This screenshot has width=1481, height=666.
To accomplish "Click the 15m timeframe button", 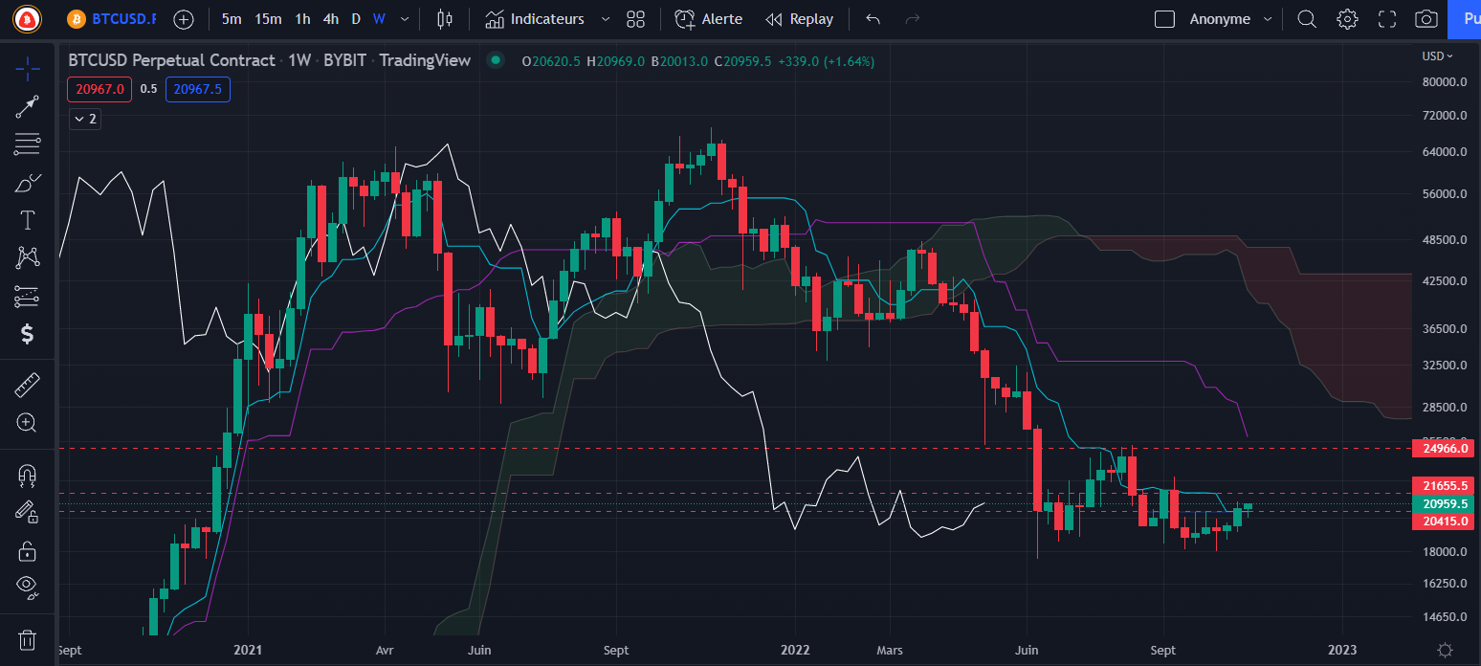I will point(269,19).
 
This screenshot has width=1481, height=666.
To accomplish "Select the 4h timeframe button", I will point(331,19).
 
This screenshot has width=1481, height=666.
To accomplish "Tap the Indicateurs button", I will point(546,19).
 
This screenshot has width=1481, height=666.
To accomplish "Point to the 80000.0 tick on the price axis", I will point(1444,82).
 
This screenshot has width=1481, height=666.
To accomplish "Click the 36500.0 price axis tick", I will point(1444,328).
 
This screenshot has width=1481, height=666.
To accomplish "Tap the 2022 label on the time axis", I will point(795,650).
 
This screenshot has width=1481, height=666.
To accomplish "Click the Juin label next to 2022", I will point(1027,650).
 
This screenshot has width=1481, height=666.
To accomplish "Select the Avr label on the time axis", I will point(385,650).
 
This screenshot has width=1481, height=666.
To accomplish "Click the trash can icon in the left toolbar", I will point(28,639).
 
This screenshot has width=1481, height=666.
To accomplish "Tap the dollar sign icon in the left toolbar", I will point(28,334).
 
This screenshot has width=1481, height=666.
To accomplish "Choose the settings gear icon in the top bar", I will point(1347,19).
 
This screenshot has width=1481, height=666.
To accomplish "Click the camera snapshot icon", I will point(1426,19).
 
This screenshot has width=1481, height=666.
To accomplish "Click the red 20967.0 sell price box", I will point(99,89).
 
